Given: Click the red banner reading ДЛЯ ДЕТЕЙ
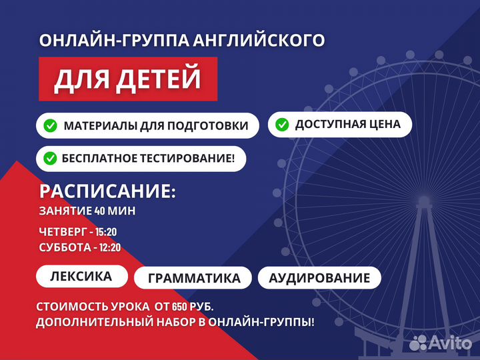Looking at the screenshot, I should pyautogui.click(x=127, y=79).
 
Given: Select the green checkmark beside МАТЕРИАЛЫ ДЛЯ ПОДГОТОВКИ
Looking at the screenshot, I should pyautogui.click(x=50, y=125).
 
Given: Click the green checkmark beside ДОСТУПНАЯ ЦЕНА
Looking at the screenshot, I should pyautogui.click(x=282, y=124).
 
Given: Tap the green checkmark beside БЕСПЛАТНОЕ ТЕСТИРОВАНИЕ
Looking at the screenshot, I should pyautogui.click(x=50, y=159).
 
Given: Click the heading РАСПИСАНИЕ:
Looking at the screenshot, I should pyautogui.click(x=107, y=192).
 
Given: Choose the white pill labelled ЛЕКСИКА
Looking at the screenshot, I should pyautogui.click(x=81, y=275).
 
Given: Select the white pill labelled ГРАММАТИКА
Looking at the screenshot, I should pyautogui.click(x=193, y=278).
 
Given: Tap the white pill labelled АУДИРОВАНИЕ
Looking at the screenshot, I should pyautogui.click(x=319, y=277).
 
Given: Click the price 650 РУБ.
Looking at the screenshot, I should pyautogui.click(x=190, y=307).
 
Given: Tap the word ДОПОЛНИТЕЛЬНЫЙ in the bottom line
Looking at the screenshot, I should pyautogui.click(x=88, y=322).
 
